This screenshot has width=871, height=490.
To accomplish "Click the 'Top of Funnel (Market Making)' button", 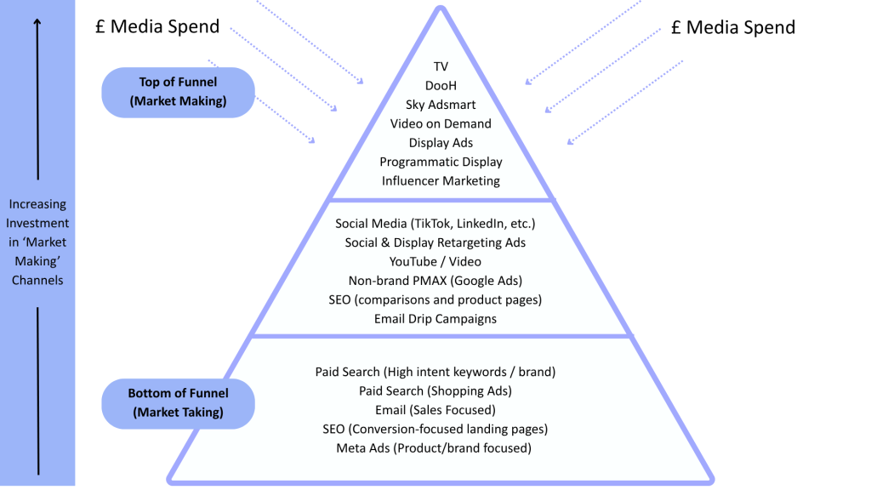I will [x=178, y=92].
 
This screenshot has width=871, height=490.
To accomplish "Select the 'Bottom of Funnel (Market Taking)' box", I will [x=178, y=403].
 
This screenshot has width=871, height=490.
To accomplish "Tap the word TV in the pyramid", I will [x=441, y=66].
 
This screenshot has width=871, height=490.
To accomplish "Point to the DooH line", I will [x=441, y=85].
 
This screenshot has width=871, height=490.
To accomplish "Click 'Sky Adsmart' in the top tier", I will [x=441, y=105].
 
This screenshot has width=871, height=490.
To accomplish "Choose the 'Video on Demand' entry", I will [x=441, y=123].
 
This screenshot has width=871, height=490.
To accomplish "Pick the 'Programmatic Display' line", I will [x=441, y=162].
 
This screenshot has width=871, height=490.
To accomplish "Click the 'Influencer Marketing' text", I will [x=441, y=180].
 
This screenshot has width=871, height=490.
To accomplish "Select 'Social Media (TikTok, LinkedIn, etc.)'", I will [x=435, y=224].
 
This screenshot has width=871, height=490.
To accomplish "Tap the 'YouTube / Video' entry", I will [x=435, y=261].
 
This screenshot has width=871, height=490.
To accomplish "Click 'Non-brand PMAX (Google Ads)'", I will [x=435, y=281].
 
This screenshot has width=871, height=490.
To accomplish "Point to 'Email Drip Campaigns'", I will [x=435, y=319].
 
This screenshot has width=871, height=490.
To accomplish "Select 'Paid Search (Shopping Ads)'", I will [x=435, y=390].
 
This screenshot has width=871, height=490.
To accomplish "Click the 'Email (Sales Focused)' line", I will [x=435, y=410].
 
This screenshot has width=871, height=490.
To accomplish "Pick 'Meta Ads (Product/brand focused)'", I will [x=435, y=447].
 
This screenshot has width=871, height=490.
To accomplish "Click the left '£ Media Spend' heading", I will [x=158, y=26].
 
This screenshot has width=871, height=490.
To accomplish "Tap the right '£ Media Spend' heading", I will [x=732, y=27].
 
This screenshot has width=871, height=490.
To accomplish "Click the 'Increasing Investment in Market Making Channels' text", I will [x=37, y=242].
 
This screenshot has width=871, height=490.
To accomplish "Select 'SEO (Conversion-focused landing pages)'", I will [x=435, y=429].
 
